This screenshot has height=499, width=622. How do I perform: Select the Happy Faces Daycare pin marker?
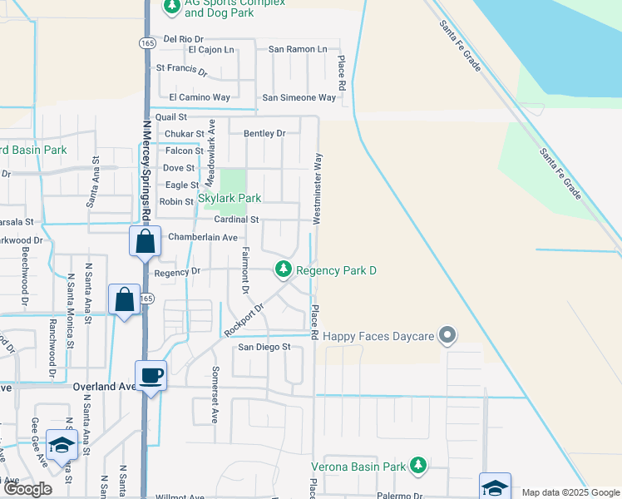coord(447,335)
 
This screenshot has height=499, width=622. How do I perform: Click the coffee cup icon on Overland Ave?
coord(151,375)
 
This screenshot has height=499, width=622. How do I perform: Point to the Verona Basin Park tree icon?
coord(419,465)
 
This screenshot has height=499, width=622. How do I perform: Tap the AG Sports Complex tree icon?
coord(172,7)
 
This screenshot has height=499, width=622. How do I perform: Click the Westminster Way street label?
coord(317,188)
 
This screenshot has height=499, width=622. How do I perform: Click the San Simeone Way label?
coord(299,97)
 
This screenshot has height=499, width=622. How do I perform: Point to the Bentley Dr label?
coord(264,133)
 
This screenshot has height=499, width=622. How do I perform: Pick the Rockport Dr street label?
coord(243,320)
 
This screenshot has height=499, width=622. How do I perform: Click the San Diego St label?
coord(264,347)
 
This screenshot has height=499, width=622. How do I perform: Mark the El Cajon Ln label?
coord(211,50)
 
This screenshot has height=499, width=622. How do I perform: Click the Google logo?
coord(28,489)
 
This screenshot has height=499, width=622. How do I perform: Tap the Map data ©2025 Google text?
coord(570,492)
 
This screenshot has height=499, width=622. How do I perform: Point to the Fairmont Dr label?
coord(245,270)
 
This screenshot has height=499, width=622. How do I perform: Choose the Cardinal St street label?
coord(237,220)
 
